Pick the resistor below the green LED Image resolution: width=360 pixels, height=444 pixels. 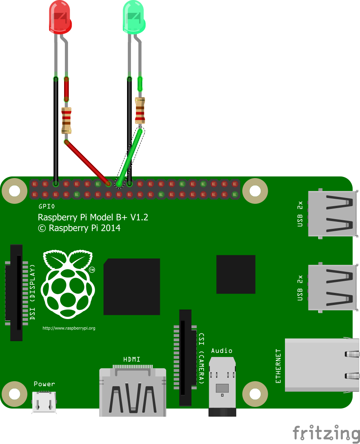140,110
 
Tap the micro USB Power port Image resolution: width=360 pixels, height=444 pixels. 44,402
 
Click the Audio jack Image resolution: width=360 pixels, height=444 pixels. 222,387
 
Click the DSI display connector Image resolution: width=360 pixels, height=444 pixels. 16,292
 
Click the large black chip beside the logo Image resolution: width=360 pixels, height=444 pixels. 132,286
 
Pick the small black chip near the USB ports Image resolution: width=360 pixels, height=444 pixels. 236,274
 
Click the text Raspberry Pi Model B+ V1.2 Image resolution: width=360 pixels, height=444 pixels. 93,218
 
